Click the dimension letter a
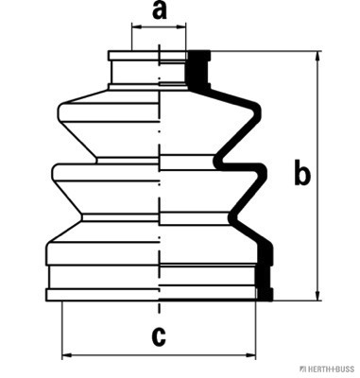pyautogui.click(x=160, y=11)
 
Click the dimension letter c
pyautogui.click(x=159, y=336)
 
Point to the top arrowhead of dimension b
pyautogui.click(x=318, y=58)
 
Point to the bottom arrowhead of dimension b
pyautogui.click(x=318, y=294)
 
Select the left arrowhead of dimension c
pyautogui.click(x=68, y=355)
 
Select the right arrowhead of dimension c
pyautogui.click(x=250, y=355)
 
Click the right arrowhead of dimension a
pyautogui.click(x=180, y=27)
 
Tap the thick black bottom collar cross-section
pyautogui.click(x=265, y=271)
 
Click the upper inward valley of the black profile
pyautogui.click(x=218, y=162)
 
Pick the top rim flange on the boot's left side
pyautogui.click(x=133, y=56)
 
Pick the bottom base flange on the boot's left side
pyautogui.click(x=103, y=295)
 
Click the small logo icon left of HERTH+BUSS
pyautogui.click(x=303, y=369)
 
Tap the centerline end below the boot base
pyautogui.click(x=160, y=313)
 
